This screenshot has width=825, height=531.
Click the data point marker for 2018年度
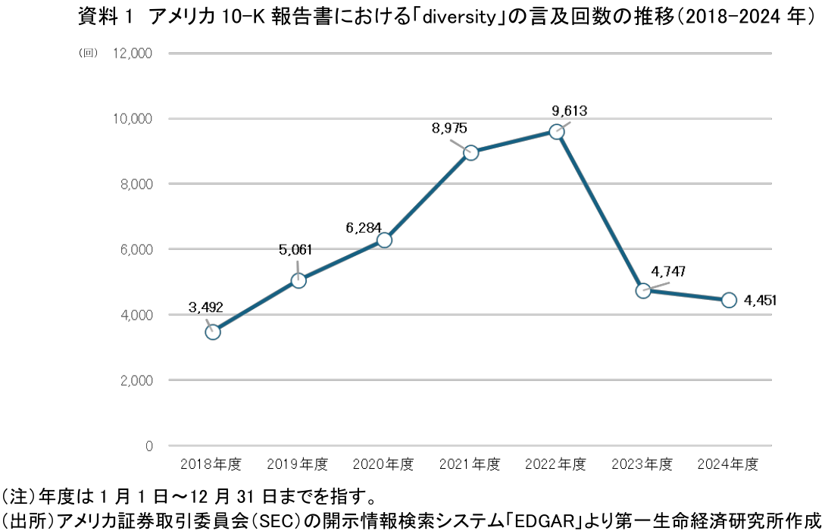click(213, 332)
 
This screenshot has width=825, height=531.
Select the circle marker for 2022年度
click(557, 132)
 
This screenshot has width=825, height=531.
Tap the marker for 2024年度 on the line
click(729, 300)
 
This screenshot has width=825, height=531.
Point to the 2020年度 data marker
click(384, 240)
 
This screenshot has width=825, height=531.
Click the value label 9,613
click(570, 111)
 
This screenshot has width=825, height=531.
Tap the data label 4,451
click(761, 301)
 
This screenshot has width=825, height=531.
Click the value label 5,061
click(295, 249)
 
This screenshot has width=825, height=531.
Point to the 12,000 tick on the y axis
click(133, 53)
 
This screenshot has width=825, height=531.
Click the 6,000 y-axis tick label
click(136, 249)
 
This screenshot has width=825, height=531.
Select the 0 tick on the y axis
click(149, 445)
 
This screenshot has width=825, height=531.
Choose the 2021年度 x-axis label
click(470, 464)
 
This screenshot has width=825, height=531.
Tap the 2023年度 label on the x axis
click(642, 464)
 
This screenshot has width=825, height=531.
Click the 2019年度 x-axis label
click(298, 464)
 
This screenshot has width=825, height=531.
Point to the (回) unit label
click(89, 53)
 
